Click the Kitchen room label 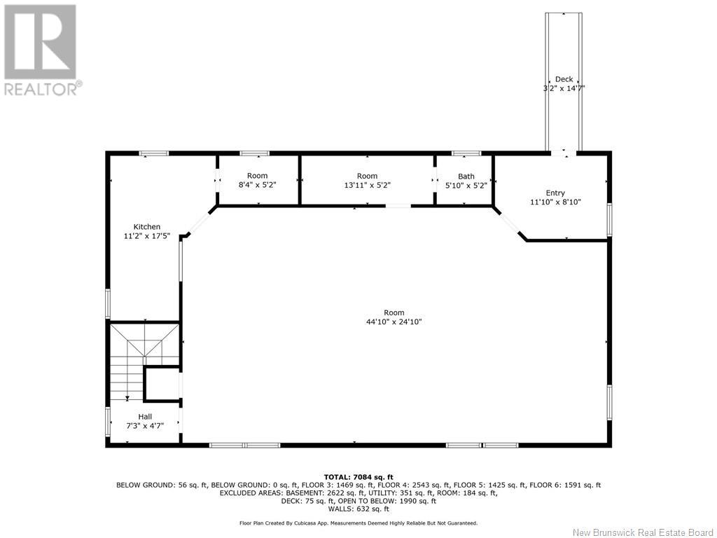point(147,227)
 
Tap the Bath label point(466,176)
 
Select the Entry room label point(555,193)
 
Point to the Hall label point(145,417)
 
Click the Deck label point(564,79)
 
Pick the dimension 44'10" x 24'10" point(394,322)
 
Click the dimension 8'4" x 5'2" point(258,185)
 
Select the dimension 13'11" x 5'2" point(367,185)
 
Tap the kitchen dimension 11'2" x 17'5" point(147,236)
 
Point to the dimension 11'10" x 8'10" point(555,202)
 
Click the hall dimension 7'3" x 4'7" point(145,425)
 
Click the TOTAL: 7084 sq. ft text point(358,477)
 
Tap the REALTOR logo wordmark point(43,88)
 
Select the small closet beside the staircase point(162,384)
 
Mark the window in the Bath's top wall point(466,153)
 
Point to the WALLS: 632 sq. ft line point(358,509)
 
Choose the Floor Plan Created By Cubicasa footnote point(358,523)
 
